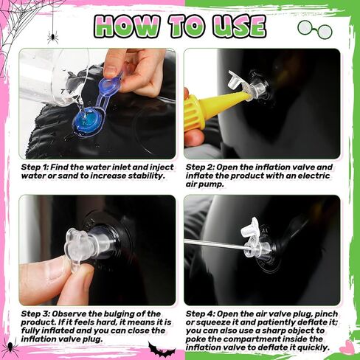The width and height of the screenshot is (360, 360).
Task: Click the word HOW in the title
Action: pyautogui.click(x=127, y=26)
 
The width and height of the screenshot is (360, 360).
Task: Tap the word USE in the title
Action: pyautogui.click(x=239, y=26)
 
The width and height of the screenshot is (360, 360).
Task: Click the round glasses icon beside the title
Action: pyautogui.click(x=315, y=30)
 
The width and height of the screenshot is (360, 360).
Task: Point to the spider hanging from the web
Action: pyautogui.click(x=53, y=38)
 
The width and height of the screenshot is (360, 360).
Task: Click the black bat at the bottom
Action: pyautogui.click(x=162, y=350)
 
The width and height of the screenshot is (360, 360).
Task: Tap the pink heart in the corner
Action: pyautogui.click(x=347, y=347)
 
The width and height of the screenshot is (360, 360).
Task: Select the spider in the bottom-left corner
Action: pyautogui.click(x=10, y=347)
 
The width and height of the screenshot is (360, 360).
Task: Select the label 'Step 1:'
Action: pyautogui.click(x=35, y=167)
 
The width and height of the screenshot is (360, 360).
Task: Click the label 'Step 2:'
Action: pyautogui.click(x=200, y=167)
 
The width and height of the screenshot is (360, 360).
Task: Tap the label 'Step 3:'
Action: pyautogui.click(x=35, y=314)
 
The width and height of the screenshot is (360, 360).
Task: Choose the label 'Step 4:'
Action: pyautogui.click(x=200, y=314)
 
